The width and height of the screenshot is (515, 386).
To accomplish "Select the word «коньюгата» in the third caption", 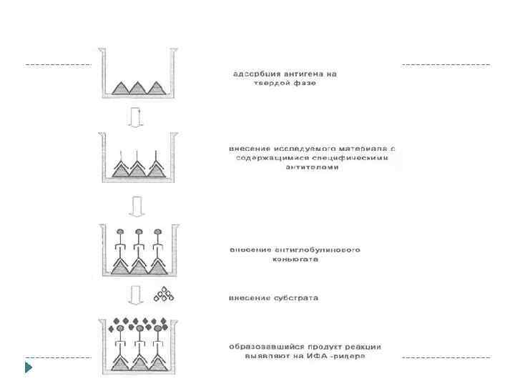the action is [x=295, y=259].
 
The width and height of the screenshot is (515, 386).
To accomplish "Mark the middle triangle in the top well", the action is [x=137, y=87].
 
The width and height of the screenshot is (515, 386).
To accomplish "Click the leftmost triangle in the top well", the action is [x=117, y=87].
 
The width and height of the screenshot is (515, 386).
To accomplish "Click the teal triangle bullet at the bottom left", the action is [x=29, y=369].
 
